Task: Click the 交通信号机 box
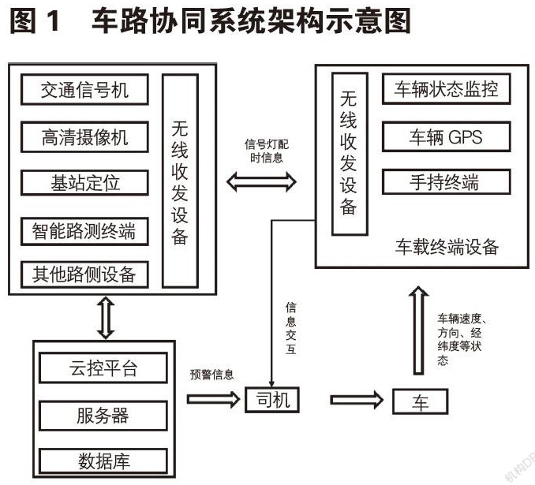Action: point(84,91)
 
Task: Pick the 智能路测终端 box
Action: point(84,230)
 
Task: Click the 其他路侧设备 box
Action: point(84,274)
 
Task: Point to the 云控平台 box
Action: point(103,369)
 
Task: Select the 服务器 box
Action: point(103,415)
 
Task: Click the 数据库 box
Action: point(103,460)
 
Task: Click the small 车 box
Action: point(420,401)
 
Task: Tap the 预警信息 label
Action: point(211,375)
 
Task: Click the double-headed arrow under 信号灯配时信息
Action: point(261,182)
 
